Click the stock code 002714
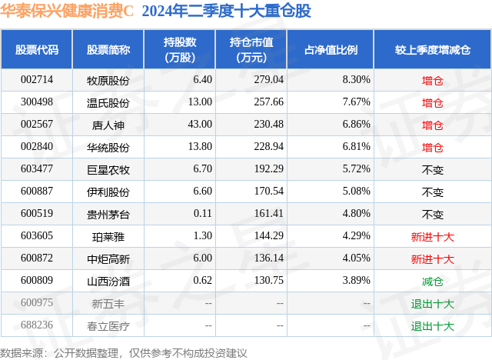(x=37, y=79)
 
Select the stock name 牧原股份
(x=108, y=79)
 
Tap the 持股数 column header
(x=180, y=50)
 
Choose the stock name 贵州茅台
(x=108, y=214)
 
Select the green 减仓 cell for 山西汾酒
(x=433, y=282)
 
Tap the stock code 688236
(x=37, y=326)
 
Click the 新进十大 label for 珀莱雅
(x=433, y=237)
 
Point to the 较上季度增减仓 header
(x=433, y=50)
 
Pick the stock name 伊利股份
(x=108, y=192)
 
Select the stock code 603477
(x=37, y=169)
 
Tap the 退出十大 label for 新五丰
(x=433, y=304)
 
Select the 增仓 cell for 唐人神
(x=433, y=125)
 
